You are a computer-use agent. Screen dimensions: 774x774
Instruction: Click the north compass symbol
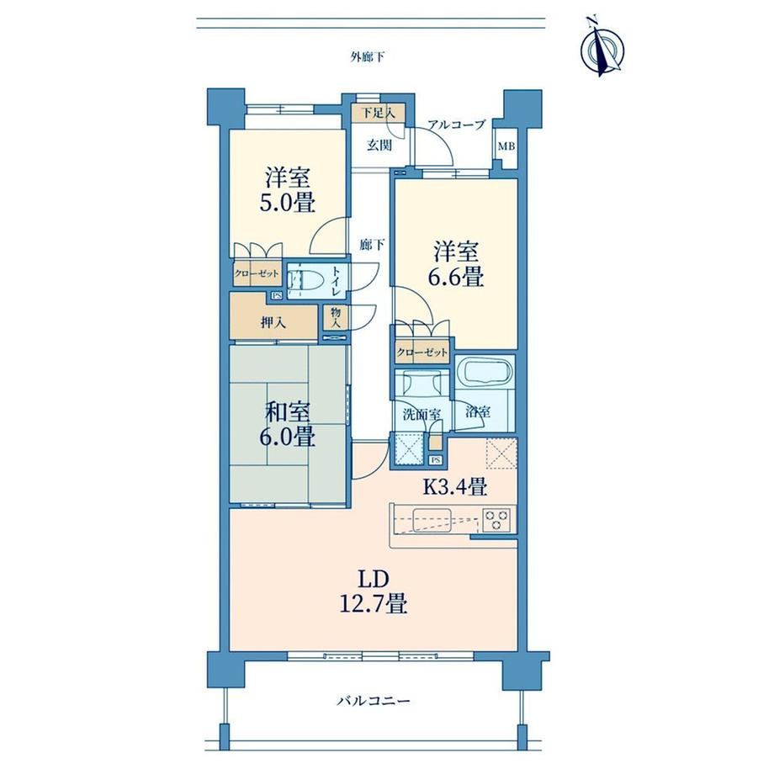602,47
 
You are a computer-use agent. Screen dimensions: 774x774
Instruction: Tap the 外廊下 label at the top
368,56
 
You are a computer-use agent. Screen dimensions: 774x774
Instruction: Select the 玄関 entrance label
379,145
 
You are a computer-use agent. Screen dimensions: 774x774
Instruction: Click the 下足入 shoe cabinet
379,113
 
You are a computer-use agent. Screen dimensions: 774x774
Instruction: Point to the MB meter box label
506,146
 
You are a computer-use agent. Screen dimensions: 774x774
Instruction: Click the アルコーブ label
457,125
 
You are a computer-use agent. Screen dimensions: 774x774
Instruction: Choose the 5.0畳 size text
288,203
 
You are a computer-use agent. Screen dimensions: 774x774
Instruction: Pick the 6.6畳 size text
456,277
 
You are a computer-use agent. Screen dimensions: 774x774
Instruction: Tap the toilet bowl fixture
305,281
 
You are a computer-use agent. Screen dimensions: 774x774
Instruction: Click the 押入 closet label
273,323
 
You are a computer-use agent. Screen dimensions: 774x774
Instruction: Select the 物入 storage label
337,318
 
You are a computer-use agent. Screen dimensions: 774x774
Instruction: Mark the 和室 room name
288,411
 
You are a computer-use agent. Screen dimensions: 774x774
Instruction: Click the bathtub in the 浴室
485,371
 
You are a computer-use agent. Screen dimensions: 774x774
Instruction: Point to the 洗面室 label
421,415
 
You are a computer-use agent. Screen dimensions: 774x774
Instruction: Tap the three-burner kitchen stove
497,519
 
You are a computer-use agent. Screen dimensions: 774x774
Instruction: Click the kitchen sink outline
432,520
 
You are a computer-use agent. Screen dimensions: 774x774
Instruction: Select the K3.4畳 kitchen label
456,487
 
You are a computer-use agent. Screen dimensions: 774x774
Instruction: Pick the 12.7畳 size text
374,603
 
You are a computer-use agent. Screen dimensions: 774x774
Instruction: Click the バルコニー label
374,701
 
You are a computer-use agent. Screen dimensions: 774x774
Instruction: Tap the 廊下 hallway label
372,244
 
